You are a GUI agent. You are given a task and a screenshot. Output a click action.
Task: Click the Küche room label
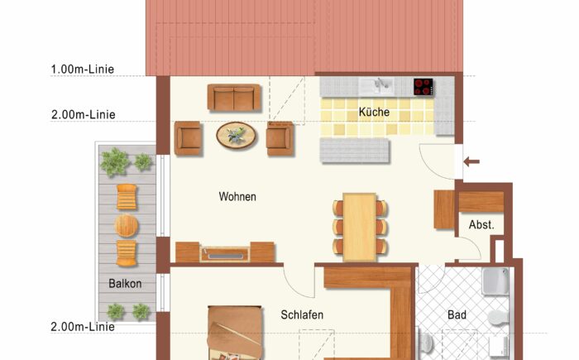pyautogui.click(x=374, y=112)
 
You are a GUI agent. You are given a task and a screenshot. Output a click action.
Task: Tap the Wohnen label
pyautogui.click(x=237, y=197)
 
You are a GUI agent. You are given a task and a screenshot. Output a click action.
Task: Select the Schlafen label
pyautogui.click(x=301, y=315)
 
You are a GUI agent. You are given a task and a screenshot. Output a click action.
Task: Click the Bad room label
pyautogui.click(x=457, y=315)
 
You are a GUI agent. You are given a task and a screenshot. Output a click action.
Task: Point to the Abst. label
pyautogui.click(x=481, y=224)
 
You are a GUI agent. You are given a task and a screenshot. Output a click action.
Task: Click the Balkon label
pyautogui.click(x=125, y=284)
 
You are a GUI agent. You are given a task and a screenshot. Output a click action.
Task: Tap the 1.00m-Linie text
pyautogui.click(x=83, y=70)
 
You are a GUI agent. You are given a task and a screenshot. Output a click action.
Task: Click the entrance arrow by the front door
pyautogui.click(x=471, y=161)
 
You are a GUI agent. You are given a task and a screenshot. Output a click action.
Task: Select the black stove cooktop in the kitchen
pyautogui.click(x=423, y=85)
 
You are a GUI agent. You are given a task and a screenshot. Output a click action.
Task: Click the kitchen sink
pyautogui.click(x=382, y=84)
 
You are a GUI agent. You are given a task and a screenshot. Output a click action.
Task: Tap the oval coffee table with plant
pyautogui.click(x=237, y=135)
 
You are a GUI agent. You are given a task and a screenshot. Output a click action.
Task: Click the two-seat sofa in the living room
pyautogui.click(x=234, y=98)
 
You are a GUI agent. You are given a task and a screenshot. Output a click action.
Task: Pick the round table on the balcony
pyautogui.click(x=127, y=225)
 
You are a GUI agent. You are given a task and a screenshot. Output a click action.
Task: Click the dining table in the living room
pyautogui.click(x=360, y=224)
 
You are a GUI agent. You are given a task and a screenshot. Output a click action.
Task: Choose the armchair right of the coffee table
pyautogui.click(x=279, y=137)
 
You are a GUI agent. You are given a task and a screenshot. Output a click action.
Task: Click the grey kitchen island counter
pyautogui.click(x=355, y=150)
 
